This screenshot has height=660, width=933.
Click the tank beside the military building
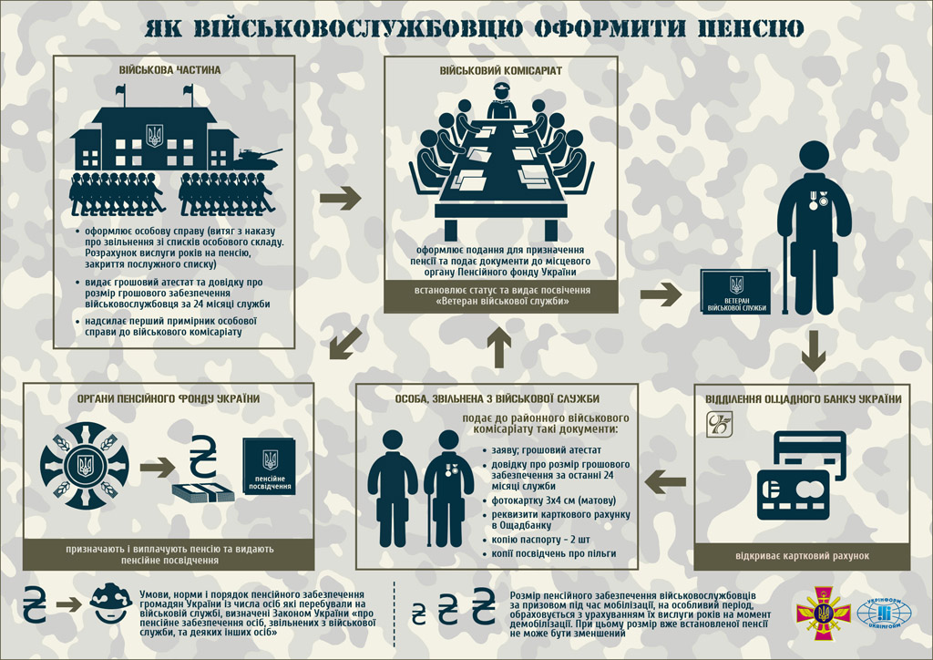pos(258,156)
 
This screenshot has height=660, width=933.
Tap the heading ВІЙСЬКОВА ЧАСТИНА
pos(169,70)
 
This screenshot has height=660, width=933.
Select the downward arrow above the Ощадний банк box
pos(815,350)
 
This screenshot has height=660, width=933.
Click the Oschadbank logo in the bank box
pos(721,423)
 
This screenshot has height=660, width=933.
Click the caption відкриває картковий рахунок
pos(802,556)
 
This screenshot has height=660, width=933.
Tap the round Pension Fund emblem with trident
pos(84,465)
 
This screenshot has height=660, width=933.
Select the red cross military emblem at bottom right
pos(819,614)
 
